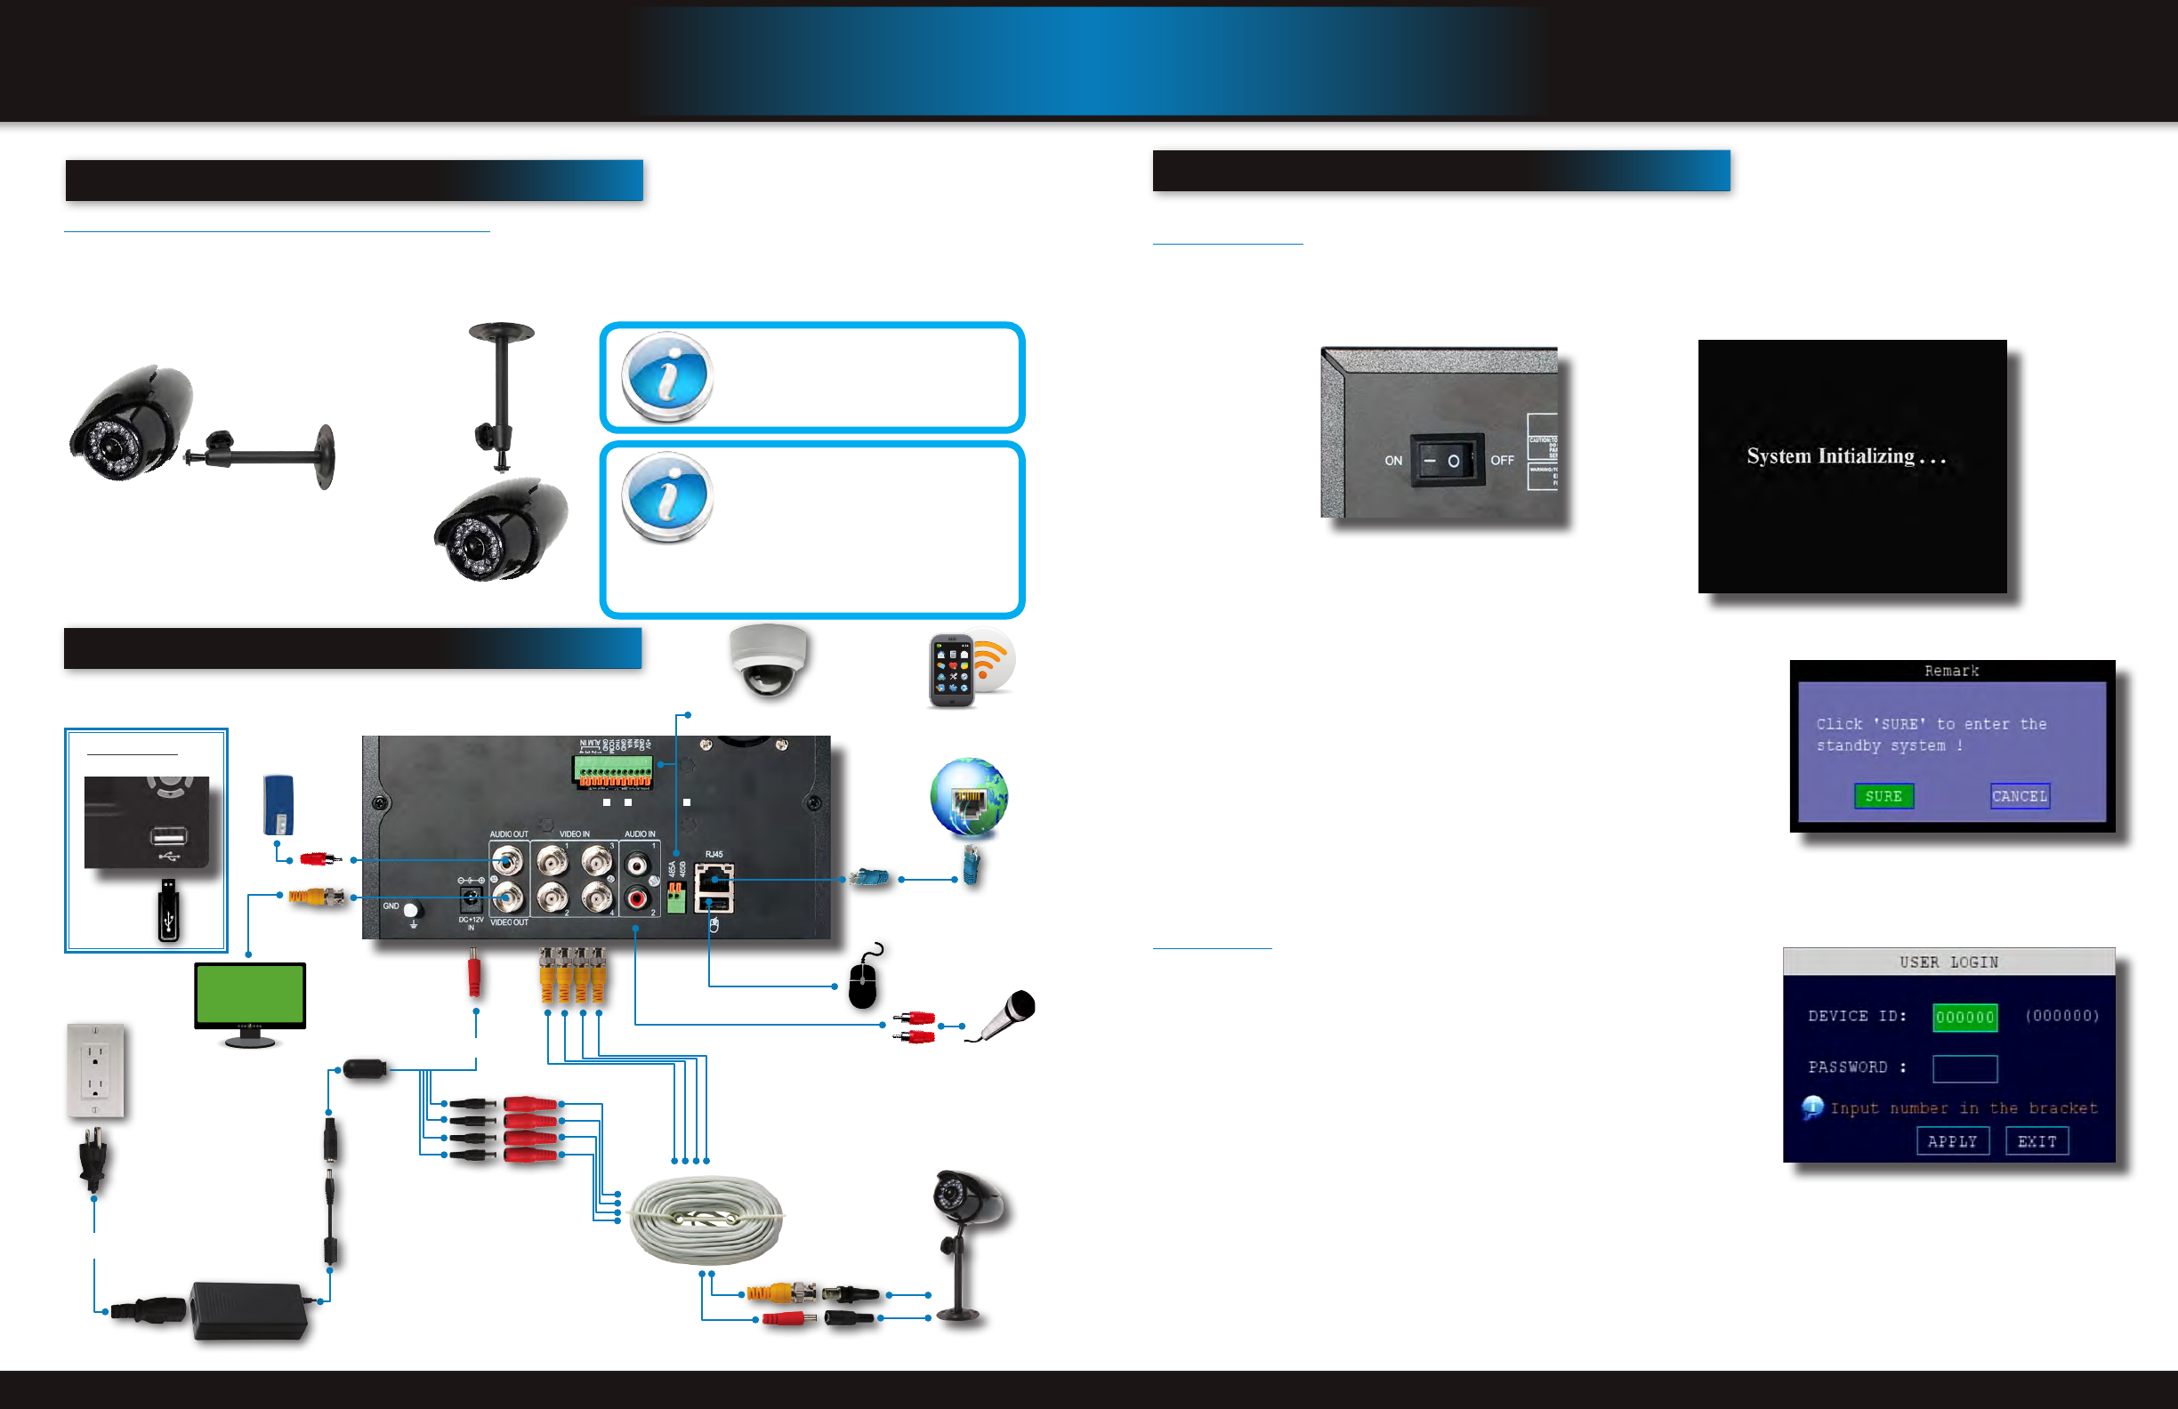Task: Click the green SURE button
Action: point(1884,796)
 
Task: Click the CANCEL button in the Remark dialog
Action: point(2020,796)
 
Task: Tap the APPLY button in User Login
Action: point(1952,1141)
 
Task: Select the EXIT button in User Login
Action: point(2037,1141)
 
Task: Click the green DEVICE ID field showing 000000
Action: point(1964,1017)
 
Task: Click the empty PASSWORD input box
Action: point(1964,1067)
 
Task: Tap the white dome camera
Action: point(768,661)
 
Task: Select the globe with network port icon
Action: point(968,797)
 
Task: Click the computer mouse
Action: point(862,981)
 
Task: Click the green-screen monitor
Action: point(250,1000)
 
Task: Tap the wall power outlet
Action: point(95,1070)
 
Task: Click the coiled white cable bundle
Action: point(706,1219)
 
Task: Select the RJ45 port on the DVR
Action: point(714,880)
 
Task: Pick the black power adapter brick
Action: point(248,1310)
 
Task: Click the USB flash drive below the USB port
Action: point(168,910)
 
